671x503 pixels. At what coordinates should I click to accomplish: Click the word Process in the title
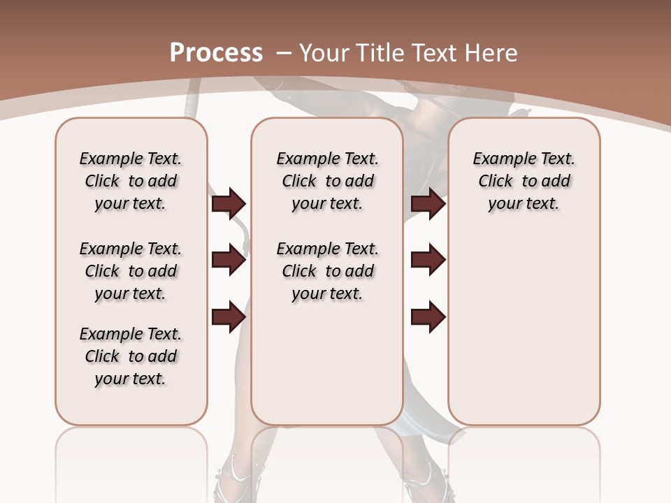click(216, 52)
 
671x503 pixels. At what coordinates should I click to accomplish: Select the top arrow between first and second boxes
click(229, 203)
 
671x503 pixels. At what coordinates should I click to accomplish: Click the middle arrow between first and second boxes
click(229, 260)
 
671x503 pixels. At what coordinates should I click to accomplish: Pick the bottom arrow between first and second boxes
click(229, 316)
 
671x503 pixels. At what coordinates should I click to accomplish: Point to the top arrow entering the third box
click(428, 203)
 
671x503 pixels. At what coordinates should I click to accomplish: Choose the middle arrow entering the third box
click(428, 260)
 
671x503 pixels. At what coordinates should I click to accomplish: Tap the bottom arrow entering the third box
click(428, 316)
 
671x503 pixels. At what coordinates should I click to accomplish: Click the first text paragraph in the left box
click(131, 181)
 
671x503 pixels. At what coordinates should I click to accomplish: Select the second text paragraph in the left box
click(131, 271)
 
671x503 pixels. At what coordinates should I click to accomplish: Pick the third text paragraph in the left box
click(131, 356)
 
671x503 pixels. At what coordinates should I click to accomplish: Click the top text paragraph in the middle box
click(327, 181)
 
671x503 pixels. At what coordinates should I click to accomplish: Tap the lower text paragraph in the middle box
click(327, 271)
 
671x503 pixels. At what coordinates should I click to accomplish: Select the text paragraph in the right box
click(524, 181)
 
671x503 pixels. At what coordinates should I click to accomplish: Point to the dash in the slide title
click(284, 53)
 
